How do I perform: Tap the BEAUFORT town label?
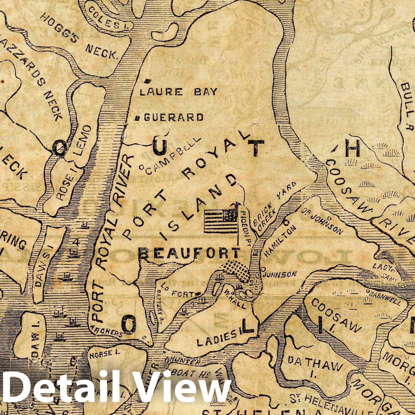click(x=190, y=254)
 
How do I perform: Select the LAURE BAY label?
click(x=179, y=92)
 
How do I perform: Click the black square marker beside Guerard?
click(x=137, y=118)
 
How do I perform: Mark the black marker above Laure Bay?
click(x=147, y=81)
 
